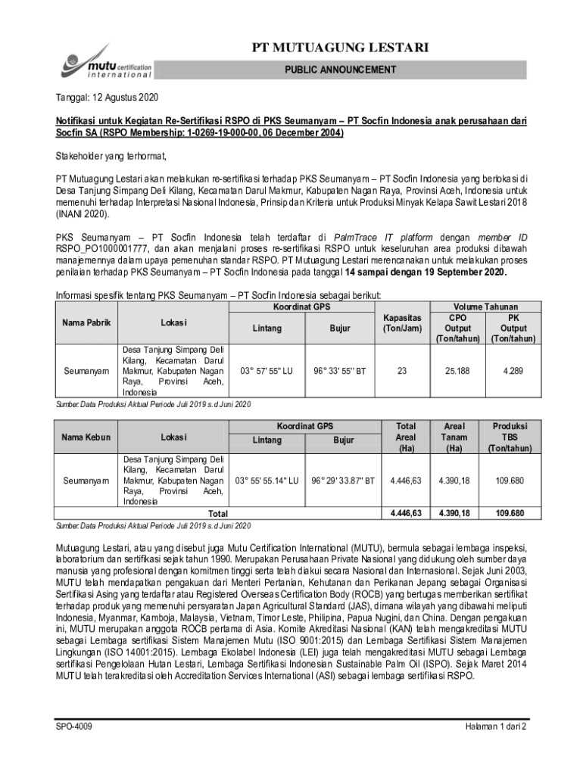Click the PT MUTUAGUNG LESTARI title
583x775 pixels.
coord(340,48)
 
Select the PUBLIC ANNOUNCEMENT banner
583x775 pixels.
coord(340,70)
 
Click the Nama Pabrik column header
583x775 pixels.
coord(86,322)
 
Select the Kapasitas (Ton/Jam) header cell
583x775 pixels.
coord(402,323)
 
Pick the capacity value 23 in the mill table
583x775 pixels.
coord(402,372)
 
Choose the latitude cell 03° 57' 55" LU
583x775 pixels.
coord(267,372)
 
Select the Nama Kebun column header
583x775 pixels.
coord(86,437)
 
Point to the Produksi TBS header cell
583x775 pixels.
coord(510,437)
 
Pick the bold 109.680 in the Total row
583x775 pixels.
coord(510,513)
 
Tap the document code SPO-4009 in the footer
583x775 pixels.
coord(73,727)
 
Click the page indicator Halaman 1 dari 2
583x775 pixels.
coord(495,727)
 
